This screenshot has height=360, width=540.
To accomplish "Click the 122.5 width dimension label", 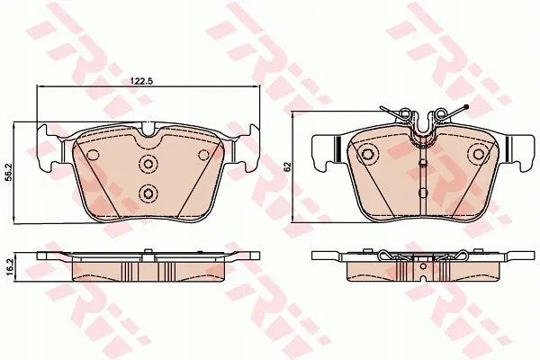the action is tap(141, 81).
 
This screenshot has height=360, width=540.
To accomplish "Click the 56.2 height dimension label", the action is tap(10, 172).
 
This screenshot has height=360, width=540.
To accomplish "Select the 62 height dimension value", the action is tap(288, 166).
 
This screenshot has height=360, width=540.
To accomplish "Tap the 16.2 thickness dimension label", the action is tap(10, 266).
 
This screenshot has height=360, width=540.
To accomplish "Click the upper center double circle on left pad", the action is tap(148, 163).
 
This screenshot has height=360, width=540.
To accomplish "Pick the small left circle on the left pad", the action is tap(93, 155).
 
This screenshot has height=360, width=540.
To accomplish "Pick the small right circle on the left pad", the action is tap(204, 155).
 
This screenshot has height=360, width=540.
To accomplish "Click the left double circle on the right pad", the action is tap(368, 153).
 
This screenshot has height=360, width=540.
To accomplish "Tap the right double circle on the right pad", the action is tap(479, 153).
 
